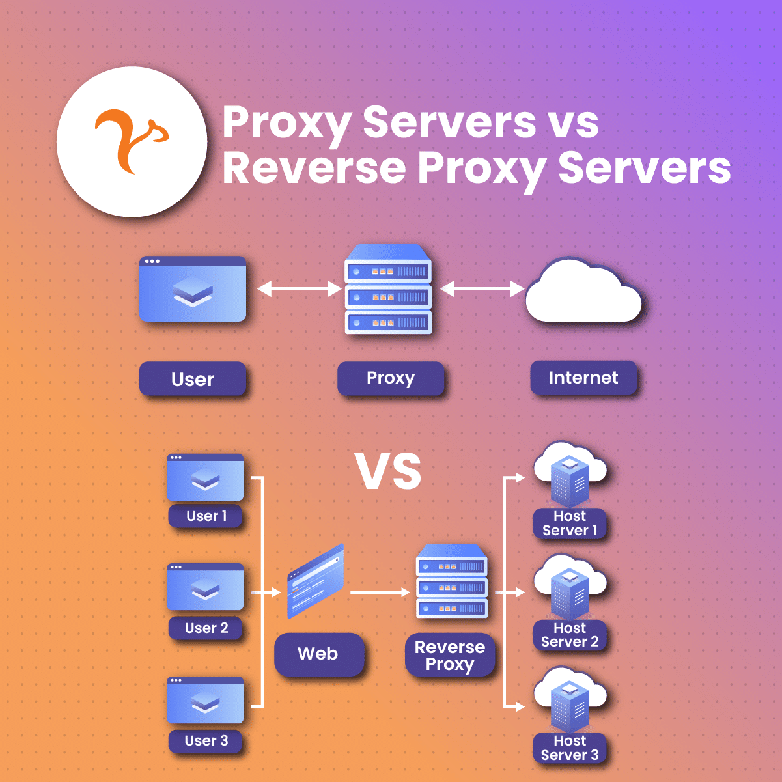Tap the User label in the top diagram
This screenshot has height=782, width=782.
tap(193, 379)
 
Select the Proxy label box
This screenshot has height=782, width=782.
tap(391, 378)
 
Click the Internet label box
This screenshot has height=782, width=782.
tap(583, 378)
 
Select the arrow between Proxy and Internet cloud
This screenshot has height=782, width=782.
tap(482, 288)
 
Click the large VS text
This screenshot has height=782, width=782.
tap(389, 471)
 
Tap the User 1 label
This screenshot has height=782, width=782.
tap(206, 516)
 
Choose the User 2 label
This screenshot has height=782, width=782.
tap(206, 628)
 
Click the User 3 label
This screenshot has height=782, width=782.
tap(206, 741)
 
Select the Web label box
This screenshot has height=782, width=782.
tap(318, 654)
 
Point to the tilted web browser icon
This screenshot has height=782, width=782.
tap(315, 581)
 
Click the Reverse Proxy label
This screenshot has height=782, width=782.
tap(450, 656)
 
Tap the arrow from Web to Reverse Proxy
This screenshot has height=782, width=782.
tap(380, 593)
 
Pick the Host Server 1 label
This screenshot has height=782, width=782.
tap(570, 524)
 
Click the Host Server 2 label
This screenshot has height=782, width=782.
tap(570, 635)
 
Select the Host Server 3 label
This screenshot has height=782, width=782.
tap(570, 748)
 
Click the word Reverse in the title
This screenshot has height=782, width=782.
tap(314, 168)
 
